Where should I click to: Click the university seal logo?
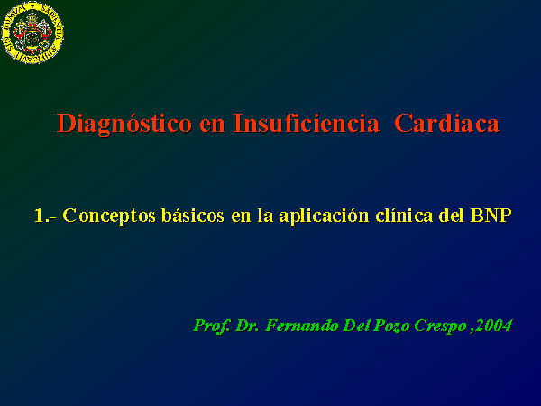coord(32,32)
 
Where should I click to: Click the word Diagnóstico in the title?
coord(124,124)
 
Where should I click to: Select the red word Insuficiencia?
coord(307,123)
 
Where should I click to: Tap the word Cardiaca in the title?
coord(447,123)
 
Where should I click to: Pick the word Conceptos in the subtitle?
coord(109,217)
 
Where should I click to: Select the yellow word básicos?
coord(193,216)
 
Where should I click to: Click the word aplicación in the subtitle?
coord(324,217)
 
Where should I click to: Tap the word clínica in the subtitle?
coord(404,216)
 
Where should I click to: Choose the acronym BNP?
coord(491,216)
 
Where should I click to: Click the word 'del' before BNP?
coord(452,216)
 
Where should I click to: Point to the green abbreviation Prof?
coord(212,326)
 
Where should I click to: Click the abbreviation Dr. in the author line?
coord(247,326)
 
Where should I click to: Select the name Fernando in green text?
coord(301,326)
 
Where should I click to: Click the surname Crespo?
coord(441,327)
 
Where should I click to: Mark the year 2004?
coord(494,326)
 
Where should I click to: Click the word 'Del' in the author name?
coord(356,326)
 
